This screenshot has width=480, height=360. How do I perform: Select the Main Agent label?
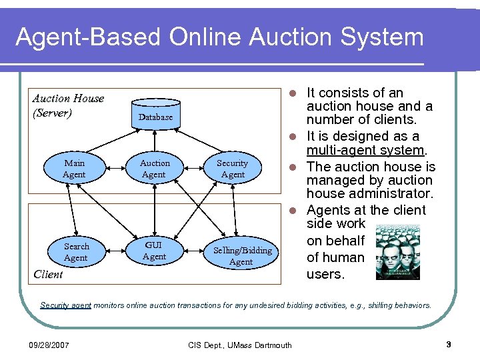(75, 169)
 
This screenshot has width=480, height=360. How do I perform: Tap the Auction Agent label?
(155, 169)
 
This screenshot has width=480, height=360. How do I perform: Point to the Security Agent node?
(232, 169)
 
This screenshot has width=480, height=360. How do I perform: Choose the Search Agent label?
(76, 252)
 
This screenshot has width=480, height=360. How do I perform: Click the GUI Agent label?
(155, 251)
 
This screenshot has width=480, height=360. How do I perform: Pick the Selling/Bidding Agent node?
(241, 256)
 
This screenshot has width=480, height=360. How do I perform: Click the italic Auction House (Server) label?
(68, 105)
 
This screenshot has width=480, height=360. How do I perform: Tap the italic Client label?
(48, 274)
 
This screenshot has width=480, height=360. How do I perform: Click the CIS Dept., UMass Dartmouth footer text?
(239, 345)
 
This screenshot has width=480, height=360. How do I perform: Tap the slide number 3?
(449, 345)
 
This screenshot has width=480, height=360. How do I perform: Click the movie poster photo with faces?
(398, 253)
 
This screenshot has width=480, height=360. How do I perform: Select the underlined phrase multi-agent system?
(365, 151)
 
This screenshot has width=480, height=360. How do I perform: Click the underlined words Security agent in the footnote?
(65, 305)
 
